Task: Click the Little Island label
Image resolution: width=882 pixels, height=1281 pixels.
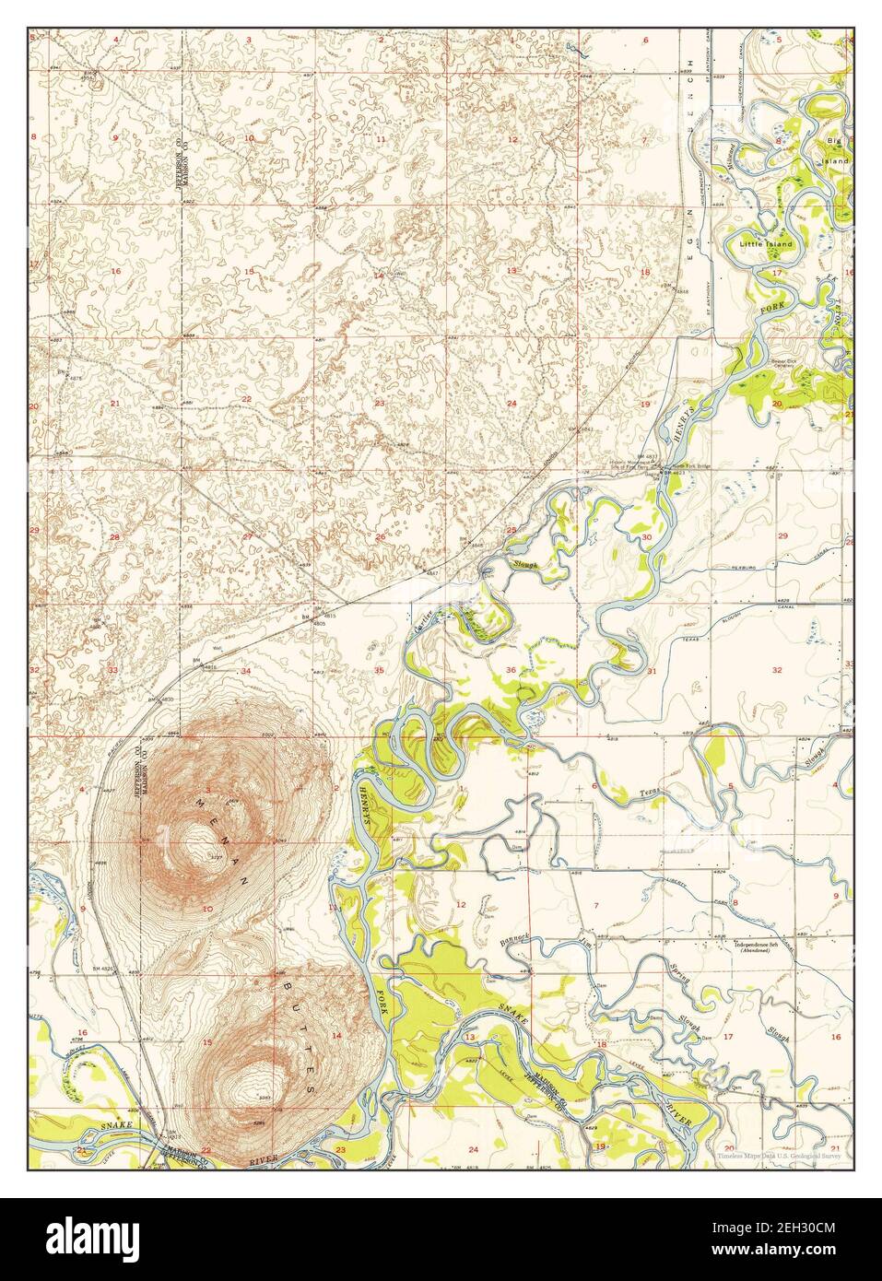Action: (x=765, y=244)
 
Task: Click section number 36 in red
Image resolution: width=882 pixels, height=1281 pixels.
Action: (x=510, y=669)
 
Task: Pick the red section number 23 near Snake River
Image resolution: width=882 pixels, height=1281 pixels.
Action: (x=340, y=1149)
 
